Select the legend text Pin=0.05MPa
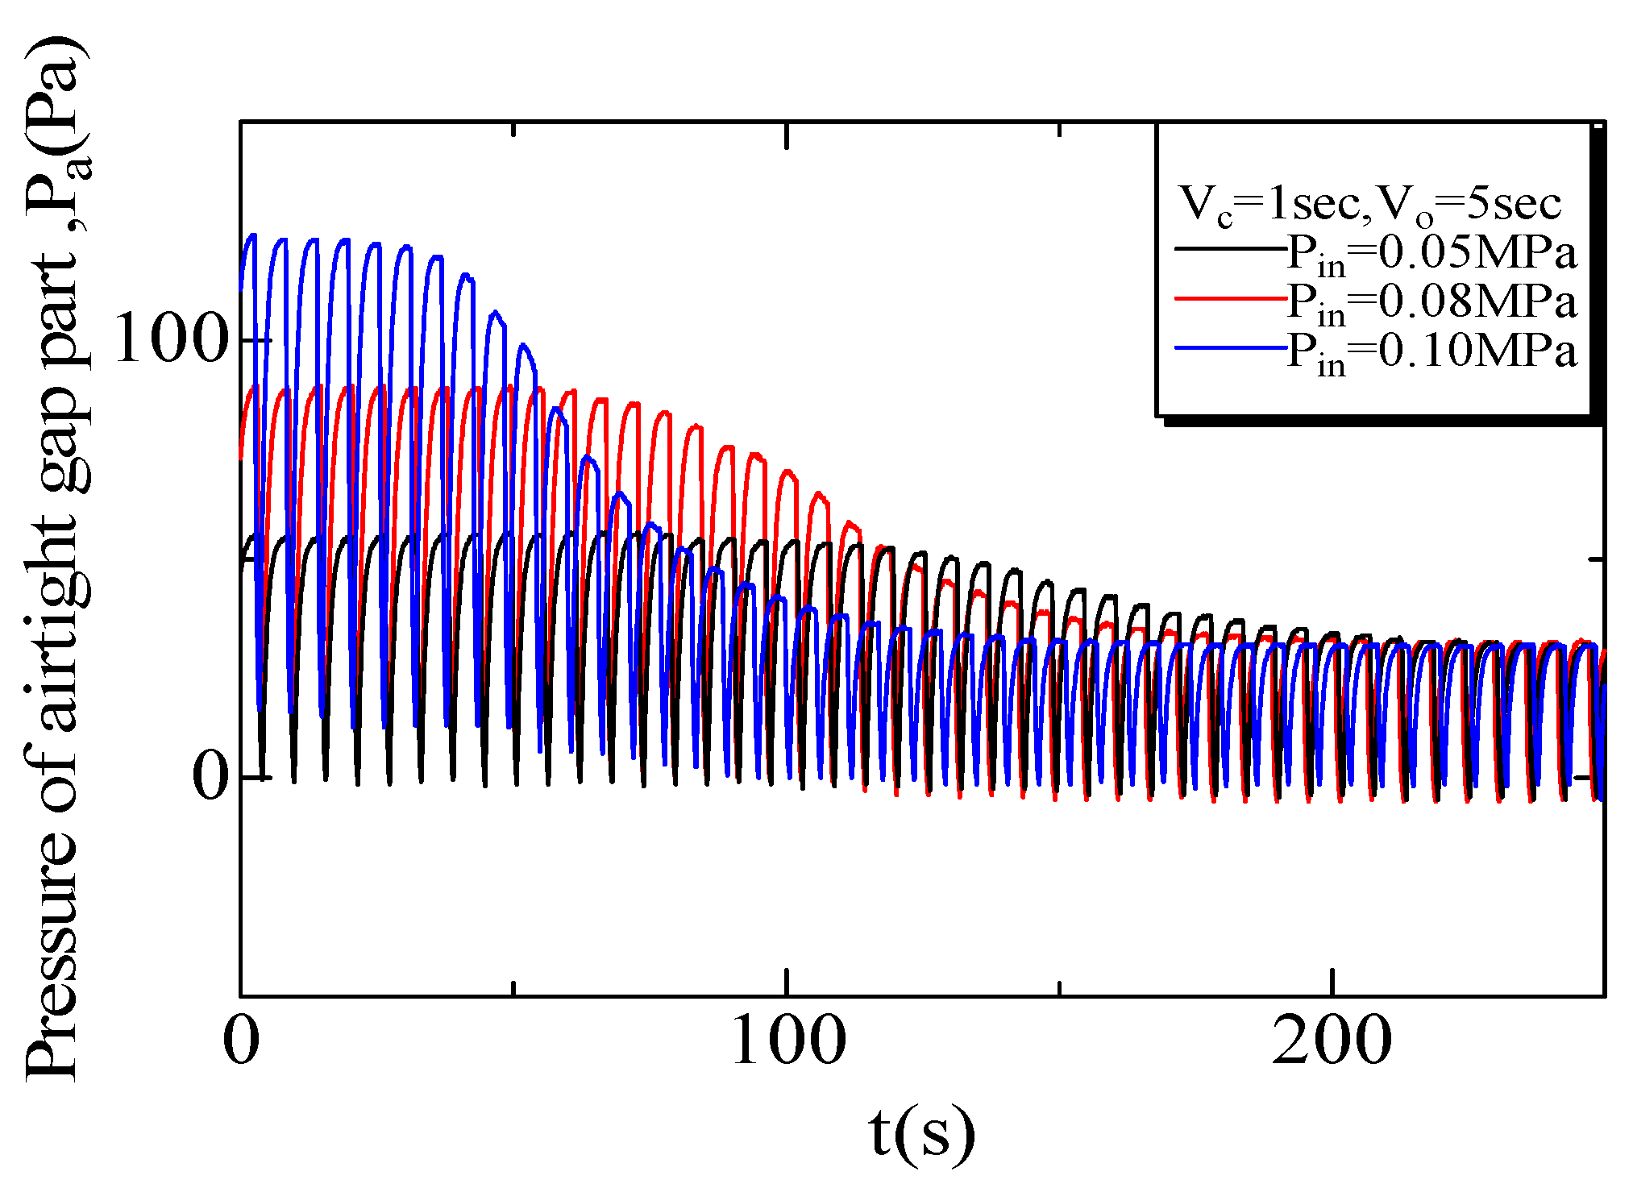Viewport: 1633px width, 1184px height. point(1431,253)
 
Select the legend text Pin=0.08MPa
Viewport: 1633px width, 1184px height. point(1431,303)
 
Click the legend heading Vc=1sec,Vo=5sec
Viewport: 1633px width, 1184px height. point(1370,203)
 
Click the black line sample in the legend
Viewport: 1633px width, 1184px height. point(1229,248)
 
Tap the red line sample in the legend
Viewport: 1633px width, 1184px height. point(1229,298)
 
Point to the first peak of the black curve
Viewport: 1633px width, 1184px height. point(253,535)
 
